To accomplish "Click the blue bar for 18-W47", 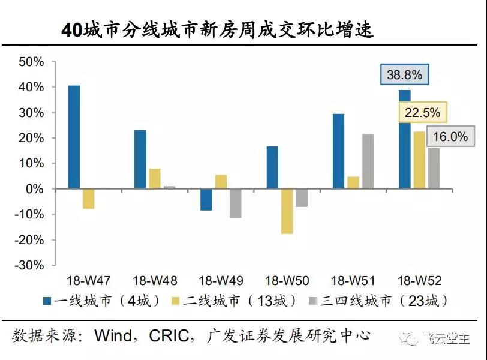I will pyautogui.click(x=74, y=137).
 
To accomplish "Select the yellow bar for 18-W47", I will pyautogui.click(x=89, y=199).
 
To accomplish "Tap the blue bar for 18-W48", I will pyautogui.click(x=140, y=159).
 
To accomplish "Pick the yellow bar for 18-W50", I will pyautogui.click(x=287, y=211).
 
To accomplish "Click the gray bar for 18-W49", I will pyautogui.click(x=235, y=203).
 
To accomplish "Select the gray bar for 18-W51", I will pyautogui.click(x=368, y=161).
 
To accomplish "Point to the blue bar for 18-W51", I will pyautogui.click(x=339, y=151).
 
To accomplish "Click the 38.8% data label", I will pyautogui.click(x=405, y=75).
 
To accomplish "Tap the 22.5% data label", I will pyautogui.click(x=422, y=112).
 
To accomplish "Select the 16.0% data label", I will pyautogui.click(x=450, y=137).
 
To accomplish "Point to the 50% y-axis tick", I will pyautogui.click(x=32, y=62).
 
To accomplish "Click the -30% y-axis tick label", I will pyautogui.click(x=29, y=265).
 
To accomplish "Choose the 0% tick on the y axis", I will pyautogui.click(x=35, y=189).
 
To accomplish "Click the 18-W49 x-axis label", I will pyautogui.click(x=221, y=280).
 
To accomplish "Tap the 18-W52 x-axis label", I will pyautogui.click(x=420, y=280).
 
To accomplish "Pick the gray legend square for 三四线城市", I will pyautogui.click(x=312, y=300).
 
